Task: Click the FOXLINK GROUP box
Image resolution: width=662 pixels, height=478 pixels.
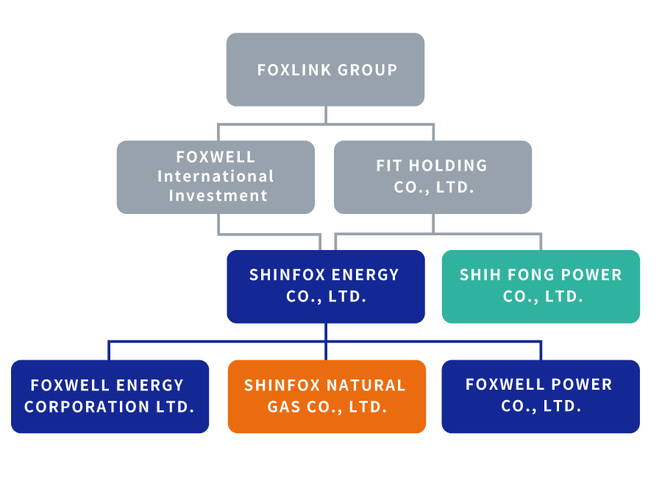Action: [x=325, y=69]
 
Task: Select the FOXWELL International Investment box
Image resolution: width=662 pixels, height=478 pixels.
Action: [x=216, y=176]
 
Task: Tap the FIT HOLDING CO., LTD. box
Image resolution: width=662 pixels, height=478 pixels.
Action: [x=433, y=176]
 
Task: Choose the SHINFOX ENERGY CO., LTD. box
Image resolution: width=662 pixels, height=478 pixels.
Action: [x=325, y=286]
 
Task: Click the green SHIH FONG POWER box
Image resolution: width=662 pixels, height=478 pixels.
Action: [x=541, y=286]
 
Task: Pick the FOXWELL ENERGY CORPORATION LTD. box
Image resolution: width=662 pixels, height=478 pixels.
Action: [x=110, y=396]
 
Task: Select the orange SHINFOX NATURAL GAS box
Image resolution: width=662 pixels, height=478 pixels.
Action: [x=326, y=396]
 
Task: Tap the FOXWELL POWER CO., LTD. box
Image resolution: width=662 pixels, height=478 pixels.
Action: [x=541, y=396]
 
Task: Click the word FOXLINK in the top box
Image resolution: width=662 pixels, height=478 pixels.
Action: [x=293, y=70]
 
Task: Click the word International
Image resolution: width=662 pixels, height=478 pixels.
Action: [x=216, y=176]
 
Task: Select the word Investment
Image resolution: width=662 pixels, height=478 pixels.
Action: [x=218, y=196]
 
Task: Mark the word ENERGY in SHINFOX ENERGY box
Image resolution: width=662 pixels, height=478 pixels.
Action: [x=364, y=275]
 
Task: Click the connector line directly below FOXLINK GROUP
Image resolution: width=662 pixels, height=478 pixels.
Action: [x=326, y=115]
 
